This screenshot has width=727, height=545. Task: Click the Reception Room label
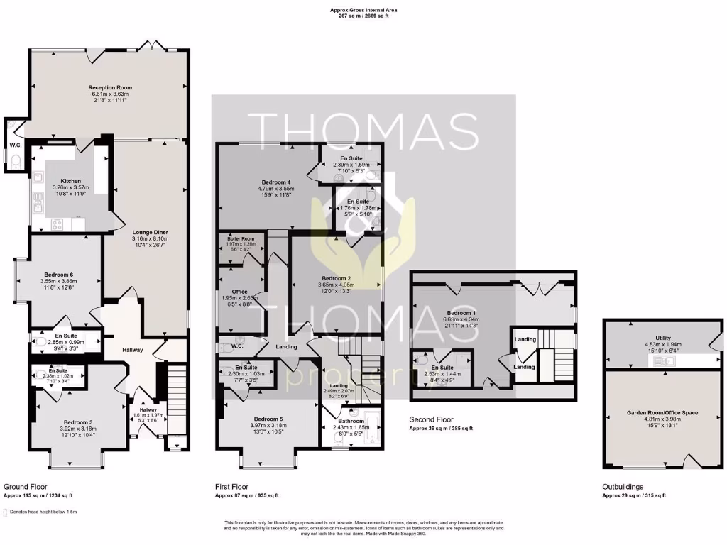(110, 88)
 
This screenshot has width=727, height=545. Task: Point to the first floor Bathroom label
(348, 422)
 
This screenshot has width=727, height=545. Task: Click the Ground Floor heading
(26, 487)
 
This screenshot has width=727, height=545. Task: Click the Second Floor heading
(431, 419)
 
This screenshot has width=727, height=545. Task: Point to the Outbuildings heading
(623, 487)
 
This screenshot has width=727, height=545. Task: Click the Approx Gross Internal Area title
(363, 9)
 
